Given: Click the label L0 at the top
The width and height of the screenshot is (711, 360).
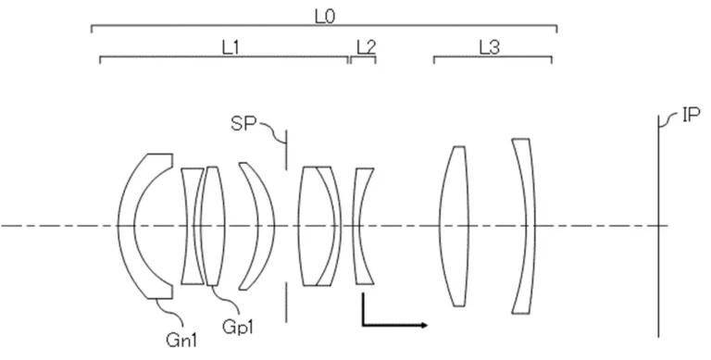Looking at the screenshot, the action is [324, 17].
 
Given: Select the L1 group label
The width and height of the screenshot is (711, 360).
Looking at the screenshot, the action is [230, 48].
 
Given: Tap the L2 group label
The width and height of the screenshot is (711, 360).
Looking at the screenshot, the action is [366, 47].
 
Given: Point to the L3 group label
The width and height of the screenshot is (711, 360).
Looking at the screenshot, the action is [490, 47].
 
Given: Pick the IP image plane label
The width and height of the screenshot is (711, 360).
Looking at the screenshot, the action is [691, 115].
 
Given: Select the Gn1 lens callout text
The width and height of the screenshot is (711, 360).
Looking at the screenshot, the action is [181, 340].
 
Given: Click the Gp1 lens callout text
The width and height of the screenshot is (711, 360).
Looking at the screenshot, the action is [238, 327].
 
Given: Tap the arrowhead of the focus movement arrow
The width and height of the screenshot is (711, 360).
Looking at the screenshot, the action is [423, 325].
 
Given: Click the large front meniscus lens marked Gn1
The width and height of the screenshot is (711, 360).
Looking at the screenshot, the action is [126, 226].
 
